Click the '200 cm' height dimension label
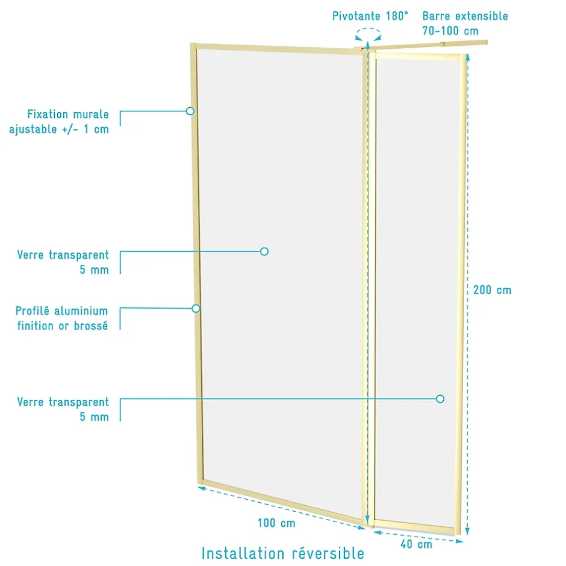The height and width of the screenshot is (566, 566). point(492,290)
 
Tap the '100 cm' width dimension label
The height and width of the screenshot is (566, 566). point(276,523)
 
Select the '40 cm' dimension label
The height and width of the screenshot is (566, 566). point(416,544)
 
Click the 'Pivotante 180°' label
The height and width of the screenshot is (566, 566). point(370,16)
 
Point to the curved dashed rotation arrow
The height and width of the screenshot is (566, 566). point(368,30)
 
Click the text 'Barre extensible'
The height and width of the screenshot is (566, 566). point(465,16)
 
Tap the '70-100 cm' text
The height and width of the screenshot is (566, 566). point(450,31)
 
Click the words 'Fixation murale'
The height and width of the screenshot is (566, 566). point(68,114)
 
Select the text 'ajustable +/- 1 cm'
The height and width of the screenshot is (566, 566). point(59,129)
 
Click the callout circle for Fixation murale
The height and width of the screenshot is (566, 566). point(190,111)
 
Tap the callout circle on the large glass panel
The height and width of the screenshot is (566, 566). point(264,252)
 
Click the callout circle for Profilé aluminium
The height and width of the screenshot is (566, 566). point(196,308)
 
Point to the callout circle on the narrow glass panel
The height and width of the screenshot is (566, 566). point(440,399)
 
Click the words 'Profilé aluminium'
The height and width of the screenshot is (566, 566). point(62,311)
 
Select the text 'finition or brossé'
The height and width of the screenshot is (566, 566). point(63,326)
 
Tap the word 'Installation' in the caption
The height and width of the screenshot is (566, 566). point(243,553)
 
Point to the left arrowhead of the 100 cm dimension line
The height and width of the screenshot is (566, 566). point(202,488)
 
